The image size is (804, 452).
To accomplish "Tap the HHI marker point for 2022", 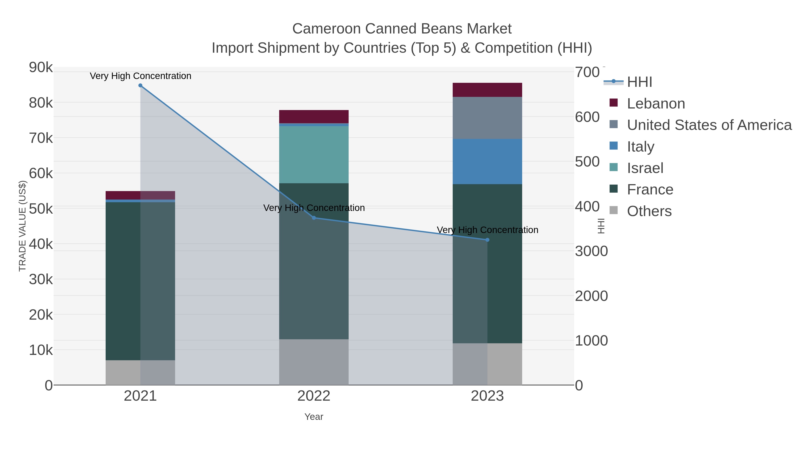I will click(314, 218).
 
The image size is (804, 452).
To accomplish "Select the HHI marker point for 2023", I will click(487, 240).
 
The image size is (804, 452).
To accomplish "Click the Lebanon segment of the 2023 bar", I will click(487, 90).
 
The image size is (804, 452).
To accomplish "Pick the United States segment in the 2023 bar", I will click(487, 118).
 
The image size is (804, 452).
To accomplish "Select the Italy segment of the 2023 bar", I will click(487, 162).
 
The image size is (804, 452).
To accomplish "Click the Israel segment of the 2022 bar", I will click(314, 154).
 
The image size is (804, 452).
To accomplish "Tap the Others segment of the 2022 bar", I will click(314, 362).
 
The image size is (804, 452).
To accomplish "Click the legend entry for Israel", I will click(645, 168).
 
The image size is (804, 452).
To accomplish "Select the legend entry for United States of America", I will click(709, 125).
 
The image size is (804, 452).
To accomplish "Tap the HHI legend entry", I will click(639, 82).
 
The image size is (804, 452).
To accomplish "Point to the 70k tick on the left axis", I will click(41, 138).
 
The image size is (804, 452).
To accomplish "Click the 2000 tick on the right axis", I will click(591, 296).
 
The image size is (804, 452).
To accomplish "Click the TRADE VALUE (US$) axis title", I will click(23, 226).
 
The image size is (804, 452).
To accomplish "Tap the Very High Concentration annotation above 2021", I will click(140, 76).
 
